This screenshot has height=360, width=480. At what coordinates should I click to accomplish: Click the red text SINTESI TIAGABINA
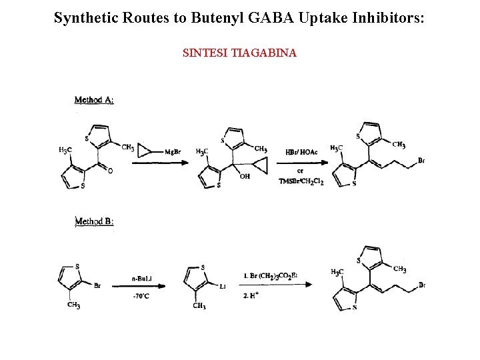click(x=239, y=53)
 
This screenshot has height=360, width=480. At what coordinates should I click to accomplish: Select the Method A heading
click(x=94, y=100)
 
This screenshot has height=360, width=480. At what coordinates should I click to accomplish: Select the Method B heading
click(x=94, y=221)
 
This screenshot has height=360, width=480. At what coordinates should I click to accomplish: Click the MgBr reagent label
click(x=173, y=151)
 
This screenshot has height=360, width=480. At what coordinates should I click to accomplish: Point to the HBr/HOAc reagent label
click(x=301, y=151)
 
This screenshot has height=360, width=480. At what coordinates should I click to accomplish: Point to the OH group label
click(x=245, y=177)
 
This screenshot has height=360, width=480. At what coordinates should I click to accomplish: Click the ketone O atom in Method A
click(x=110, y=171)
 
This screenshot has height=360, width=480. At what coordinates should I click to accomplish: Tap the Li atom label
click(x=223, y=285)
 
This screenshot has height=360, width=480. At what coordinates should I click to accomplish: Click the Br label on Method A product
click(x=421, y=160)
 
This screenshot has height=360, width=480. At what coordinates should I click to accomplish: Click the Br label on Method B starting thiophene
click(x=97, y=286)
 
